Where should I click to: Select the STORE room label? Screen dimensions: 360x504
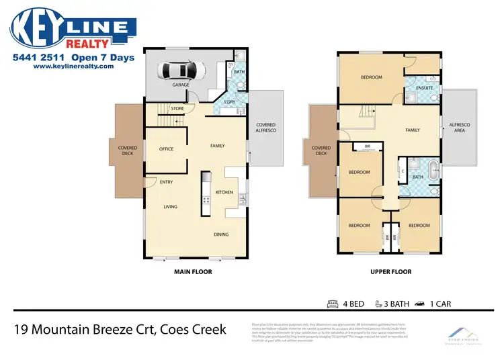177,108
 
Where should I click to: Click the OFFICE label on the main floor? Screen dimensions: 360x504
166,149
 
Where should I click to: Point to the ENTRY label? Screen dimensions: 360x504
166,182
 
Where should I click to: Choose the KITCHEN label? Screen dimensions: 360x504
224,192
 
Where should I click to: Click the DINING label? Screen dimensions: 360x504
221,234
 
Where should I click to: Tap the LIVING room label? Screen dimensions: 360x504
170,207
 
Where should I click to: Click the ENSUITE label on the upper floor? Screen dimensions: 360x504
424,88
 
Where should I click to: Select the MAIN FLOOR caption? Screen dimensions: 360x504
193,272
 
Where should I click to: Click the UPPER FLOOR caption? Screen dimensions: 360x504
392,272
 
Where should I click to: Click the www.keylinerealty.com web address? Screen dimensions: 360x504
74,66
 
